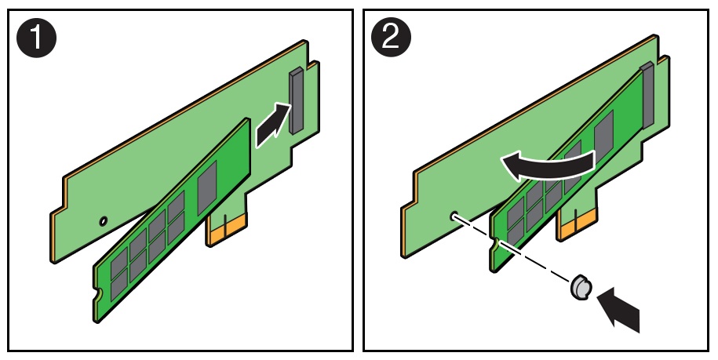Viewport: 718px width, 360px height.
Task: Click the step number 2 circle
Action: [391, 37]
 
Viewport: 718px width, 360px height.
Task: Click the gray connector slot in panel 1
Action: [297, 100]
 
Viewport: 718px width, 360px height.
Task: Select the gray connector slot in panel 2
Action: [647, 95]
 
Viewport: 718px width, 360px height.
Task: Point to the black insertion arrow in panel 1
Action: [273, 125]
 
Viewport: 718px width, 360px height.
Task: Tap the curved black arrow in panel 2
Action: [547, 165]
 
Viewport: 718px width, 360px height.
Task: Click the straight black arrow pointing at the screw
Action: [619, 309]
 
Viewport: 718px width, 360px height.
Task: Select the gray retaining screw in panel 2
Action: [581, 288]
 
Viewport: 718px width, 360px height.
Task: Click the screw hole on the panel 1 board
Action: [104, 221]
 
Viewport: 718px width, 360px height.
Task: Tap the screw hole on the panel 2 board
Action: [454, 215]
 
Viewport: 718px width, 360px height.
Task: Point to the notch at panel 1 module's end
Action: [98, 294]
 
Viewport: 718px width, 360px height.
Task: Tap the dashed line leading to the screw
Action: [512, 249]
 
